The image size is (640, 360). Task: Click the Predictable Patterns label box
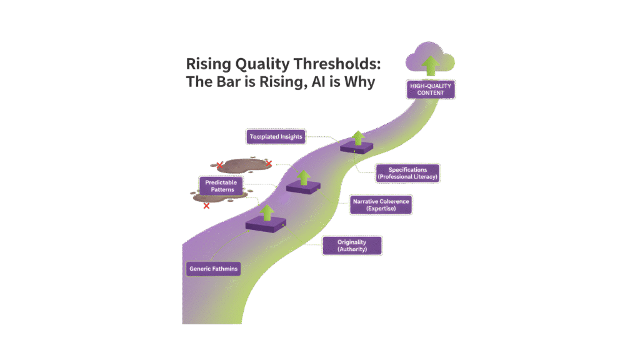(x=218, y=186)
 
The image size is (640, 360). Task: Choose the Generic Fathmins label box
(x=214, y=269)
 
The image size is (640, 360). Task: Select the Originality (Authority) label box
(x=351, y=245)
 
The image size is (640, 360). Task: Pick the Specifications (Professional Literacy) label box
(x=408, y=173)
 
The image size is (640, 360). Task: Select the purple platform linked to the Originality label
(x=266, y=224)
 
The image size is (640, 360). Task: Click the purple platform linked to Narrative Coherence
(x=303, y=187)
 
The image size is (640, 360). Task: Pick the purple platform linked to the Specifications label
(x=357, y=147)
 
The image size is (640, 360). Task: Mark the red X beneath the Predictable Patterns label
(x=206, y=206)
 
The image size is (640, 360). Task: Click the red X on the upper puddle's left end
(x=219, y=165)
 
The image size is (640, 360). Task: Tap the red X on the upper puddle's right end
(x=268, y=164)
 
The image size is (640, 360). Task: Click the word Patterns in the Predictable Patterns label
(x=218, y=190)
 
